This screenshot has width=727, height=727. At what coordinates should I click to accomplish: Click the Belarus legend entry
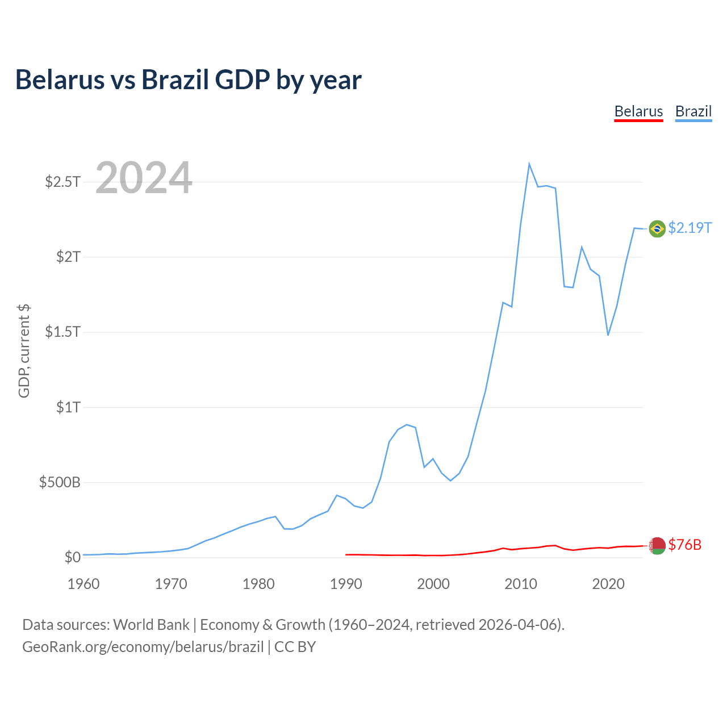tap(638, 111)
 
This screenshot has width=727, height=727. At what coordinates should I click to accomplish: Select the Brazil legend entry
tap(693, 111)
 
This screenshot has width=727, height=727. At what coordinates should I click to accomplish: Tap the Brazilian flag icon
tap(657, 228)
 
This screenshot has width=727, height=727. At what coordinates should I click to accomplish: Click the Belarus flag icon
tap(657, 545)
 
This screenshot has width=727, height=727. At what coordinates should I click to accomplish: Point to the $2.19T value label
tap(690, 228)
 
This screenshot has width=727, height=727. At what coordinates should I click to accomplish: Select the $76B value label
tap(685, 545)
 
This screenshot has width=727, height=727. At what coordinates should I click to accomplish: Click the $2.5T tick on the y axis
tap(63, 182)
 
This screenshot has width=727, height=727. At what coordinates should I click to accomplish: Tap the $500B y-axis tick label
tap(60, 482)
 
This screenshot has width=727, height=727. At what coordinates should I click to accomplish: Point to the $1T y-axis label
tap(68, 407)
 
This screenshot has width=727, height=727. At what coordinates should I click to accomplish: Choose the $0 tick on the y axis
tap(72, 557)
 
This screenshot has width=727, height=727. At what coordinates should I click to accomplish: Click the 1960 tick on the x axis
tap(83, 584)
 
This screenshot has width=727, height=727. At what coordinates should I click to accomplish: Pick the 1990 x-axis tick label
tap(346, 584)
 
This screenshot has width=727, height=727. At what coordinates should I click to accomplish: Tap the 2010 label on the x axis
tap(521, 584)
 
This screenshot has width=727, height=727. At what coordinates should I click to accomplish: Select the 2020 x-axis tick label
tap(608, 584)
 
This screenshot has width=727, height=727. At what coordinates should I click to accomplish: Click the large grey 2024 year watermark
tap(144, 178)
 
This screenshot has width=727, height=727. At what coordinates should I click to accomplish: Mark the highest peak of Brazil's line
tap(529, 164)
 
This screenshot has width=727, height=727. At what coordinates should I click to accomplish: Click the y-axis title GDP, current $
tap(24, 350)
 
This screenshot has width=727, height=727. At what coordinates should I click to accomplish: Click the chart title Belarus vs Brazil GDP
tap(188, 80)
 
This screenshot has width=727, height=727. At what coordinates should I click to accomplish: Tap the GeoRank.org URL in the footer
tap(143, 647)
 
